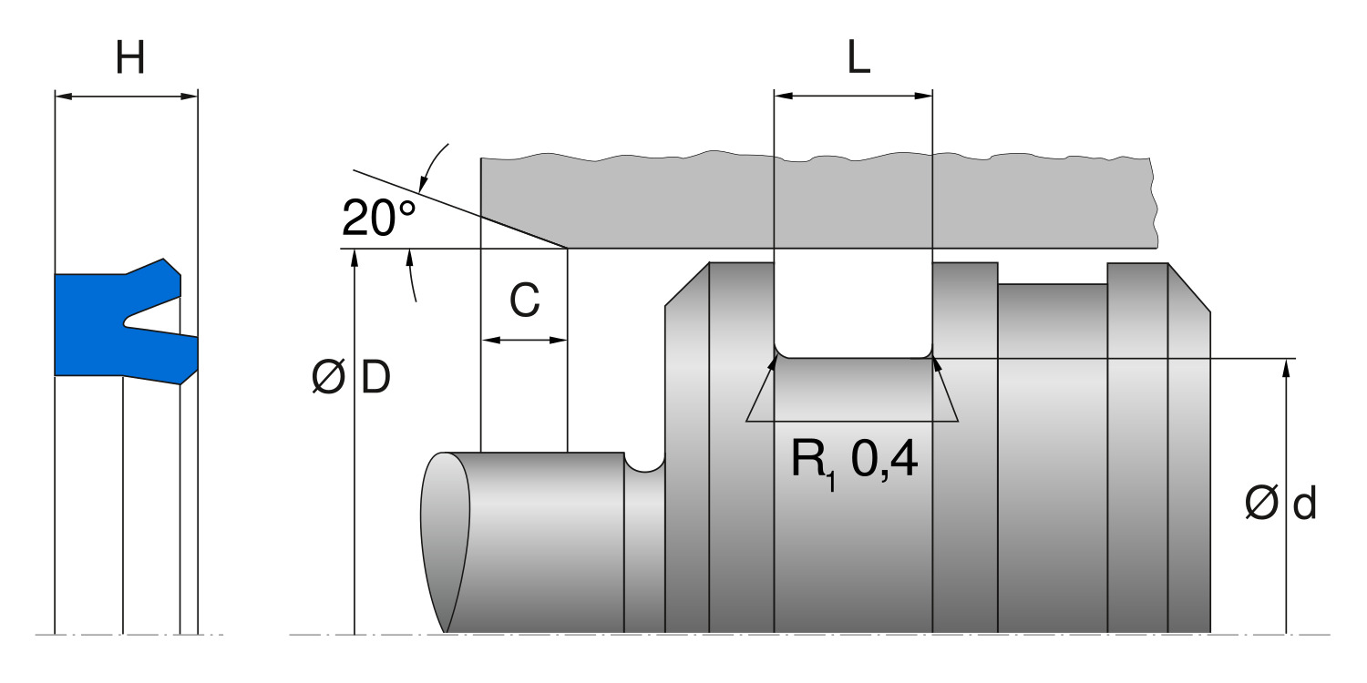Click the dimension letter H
(x=130, y=60)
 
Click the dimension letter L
(x=858, y=60)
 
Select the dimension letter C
(x=524, y=301)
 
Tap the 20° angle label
(x=378, y=219)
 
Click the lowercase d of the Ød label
(x=1304, y=504)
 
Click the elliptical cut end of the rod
(x=446, y=537)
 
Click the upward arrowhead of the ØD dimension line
(x=354, y=256)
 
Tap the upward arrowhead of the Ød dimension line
(x=1287, y=366)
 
